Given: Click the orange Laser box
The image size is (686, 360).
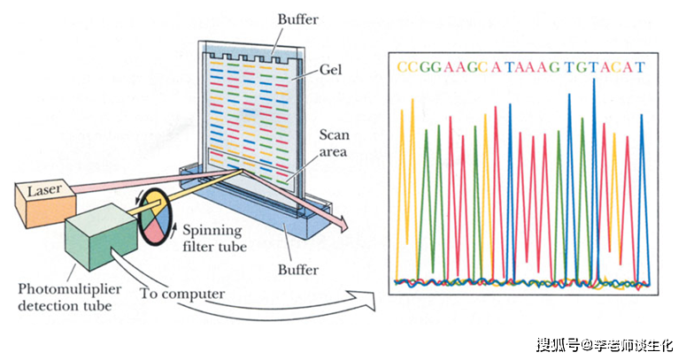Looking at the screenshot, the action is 45,203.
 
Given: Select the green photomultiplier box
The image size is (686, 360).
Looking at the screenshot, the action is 101,237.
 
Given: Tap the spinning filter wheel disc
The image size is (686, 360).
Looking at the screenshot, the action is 155,217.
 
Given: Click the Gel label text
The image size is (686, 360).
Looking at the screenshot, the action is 331,70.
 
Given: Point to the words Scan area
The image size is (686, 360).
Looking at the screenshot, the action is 334,143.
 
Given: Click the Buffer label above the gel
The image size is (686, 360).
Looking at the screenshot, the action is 298,19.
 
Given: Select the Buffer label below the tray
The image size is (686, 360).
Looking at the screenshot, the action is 298,270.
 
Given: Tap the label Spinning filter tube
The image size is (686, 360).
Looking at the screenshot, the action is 214,239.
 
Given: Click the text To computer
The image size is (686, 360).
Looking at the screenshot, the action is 182,294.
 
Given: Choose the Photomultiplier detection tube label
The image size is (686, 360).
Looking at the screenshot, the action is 70,297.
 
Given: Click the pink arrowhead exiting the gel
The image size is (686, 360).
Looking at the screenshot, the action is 342,224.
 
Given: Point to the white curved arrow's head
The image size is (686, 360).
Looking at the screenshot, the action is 366,301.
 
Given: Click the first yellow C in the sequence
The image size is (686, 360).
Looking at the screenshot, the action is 403,67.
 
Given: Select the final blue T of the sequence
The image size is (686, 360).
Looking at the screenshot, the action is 640,67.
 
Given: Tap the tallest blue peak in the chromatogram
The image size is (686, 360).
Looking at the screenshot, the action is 594,79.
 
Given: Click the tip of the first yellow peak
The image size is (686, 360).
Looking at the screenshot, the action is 402,110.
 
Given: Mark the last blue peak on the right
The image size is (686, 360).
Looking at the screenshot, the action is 642,115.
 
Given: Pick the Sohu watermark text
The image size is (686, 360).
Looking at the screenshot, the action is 605,345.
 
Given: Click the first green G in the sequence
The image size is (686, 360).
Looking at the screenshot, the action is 425,67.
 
